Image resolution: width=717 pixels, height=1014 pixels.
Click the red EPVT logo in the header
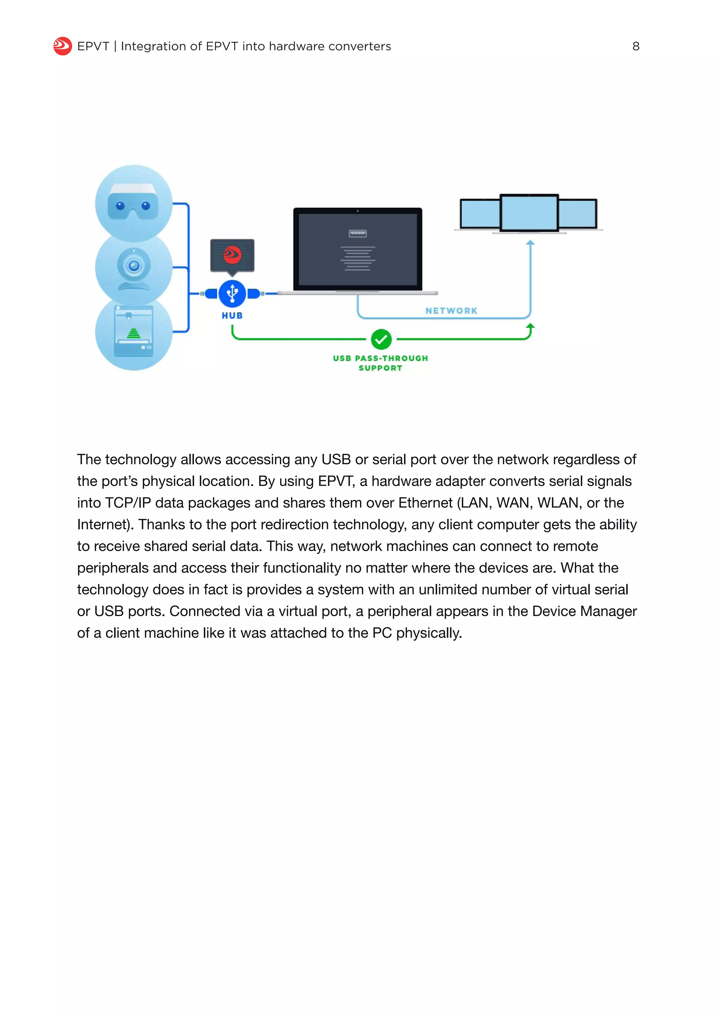[62, 46]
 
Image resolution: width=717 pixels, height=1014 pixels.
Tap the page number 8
[636, 46]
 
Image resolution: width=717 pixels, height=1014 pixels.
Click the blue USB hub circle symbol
[232, 293]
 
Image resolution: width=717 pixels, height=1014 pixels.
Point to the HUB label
[232, 316]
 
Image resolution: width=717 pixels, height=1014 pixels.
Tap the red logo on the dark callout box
[232, 255]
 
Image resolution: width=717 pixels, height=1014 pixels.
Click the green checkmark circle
[381, 339]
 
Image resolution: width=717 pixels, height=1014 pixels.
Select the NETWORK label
[451, 311]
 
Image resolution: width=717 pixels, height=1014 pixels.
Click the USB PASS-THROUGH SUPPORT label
[380, 363]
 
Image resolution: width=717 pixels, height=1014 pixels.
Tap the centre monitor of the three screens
[529, 213]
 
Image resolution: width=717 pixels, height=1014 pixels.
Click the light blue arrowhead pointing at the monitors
[530, 242]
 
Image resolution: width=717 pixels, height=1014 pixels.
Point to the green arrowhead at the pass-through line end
[530, 326]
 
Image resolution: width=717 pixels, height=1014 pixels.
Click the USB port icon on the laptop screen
[357, 234]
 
